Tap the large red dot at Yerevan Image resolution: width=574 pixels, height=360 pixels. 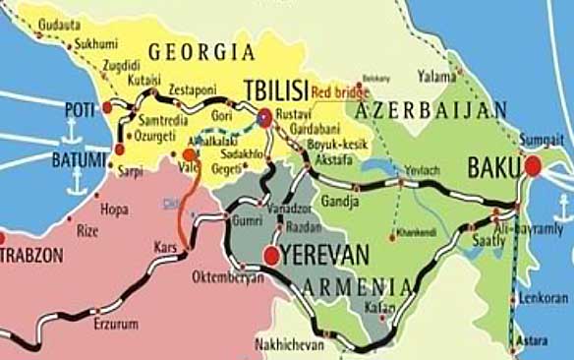(x=271, y=257)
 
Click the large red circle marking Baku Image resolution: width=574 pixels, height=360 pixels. (x=533, y=166)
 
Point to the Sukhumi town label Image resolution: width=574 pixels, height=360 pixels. (x=95, y=44)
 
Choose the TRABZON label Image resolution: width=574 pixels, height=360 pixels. (x=32, y=254)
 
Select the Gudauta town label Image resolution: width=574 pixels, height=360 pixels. (x=60, y=23)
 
